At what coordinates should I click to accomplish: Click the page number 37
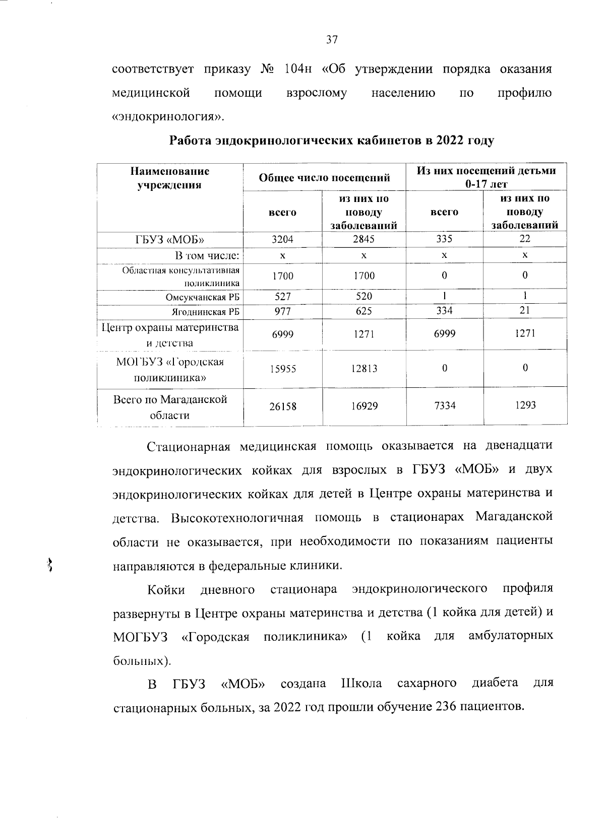(331, 40)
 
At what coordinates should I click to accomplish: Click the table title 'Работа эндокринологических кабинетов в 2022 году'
(331, 140)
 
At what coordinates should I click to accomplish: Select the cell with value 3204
(282, 239)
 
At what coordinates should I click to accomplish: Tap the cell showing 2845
(364, 239)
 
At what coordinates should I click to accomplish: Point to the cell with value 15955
(282, 369)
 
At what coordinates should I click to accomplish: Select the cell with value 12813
(364, 369)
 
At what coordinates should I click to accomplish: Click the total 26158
(282, 406)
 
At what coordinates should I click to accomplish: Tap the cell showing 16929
(364, 406)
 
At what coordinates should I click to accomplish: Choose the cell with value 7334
(444, 405)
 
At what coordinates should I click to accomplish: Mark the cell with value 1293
(525, 405)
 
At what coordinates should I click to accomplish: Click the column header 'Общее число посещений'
(324, 178)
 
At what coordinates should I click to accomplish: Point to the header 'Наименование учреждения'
(170, 178)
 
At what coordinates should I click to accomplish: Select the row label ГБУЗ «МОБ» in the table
(170, 240)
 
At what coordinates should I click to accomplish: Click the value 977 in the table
(282, 312)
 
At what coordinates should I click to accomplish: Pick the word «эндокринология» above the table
(167, 117)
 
